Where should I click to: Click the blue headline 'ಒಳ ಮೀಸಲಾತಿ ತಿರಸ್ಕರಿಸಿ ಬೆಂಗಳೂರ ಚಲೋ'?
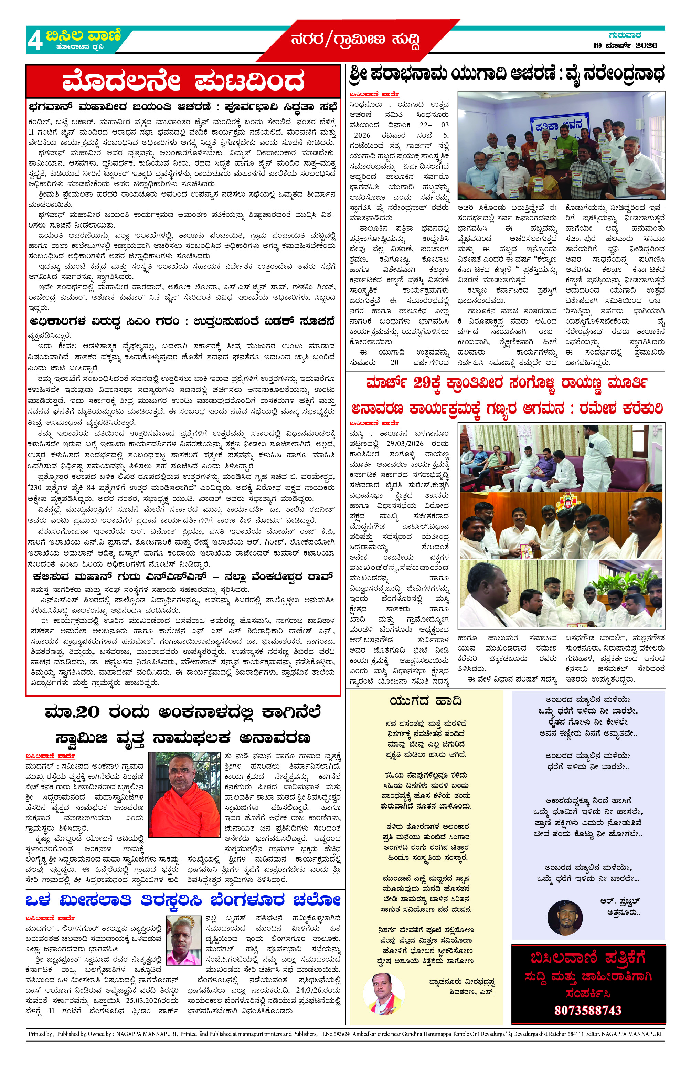[x=183, y=900]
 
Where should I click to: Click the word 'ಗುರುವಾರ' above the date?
[x=624, y=35]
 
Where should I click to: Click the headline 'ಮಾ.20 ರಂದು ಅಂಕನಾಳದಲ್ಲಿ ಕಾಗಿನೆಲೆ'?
[x=183, y=712]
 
